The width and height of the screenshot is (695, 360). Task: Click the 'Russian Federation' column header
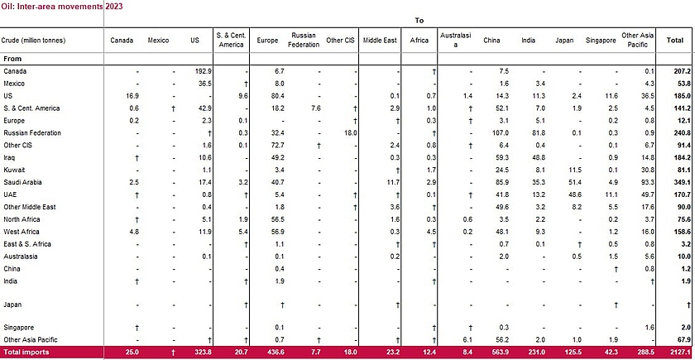click(304, 40)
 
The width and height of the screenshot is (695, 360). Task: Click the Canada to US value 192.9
click(203, 72)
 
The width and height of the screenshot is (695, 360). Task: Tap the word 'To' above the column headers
click(418, 18)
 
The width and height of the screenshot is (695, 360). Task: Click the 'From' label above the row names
click(12, 59)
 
